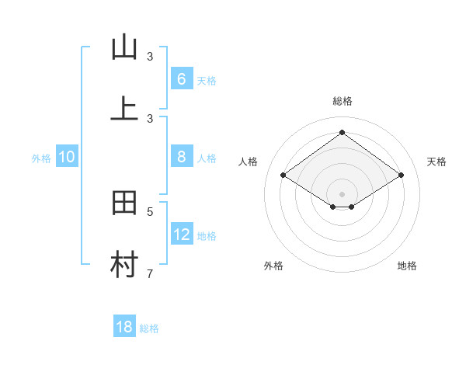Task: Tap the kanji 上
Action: tap(124, 108)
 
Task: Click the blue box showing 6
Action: tap(181, 79)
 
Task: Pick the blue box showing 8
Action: tap(181, 157)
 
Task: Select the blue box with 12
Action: tap(182, 235)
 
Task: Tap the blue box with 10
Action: tap(67, 157)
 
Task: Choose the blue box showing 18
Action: tap(124, 327)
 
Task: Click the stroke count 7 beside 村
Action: tap(150, 273)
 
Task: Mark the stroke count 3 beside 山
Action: tap(150, 57)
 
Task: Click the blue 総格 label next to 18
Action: tap(149, 328)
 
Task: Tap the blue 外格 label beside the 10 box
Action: tap(41, 158)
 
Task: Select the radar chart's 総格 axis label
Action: tap(343, 101)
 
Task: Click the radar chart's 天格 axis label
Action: tap(437, 162)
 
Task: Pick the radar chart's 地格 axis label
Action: tap(407, 266)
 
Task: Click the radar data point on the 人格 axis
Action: tap(283, 176)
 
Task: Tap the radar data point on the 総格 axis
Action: tap(342, 132)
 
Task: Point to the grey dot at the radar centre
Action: tap(342, 193)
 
